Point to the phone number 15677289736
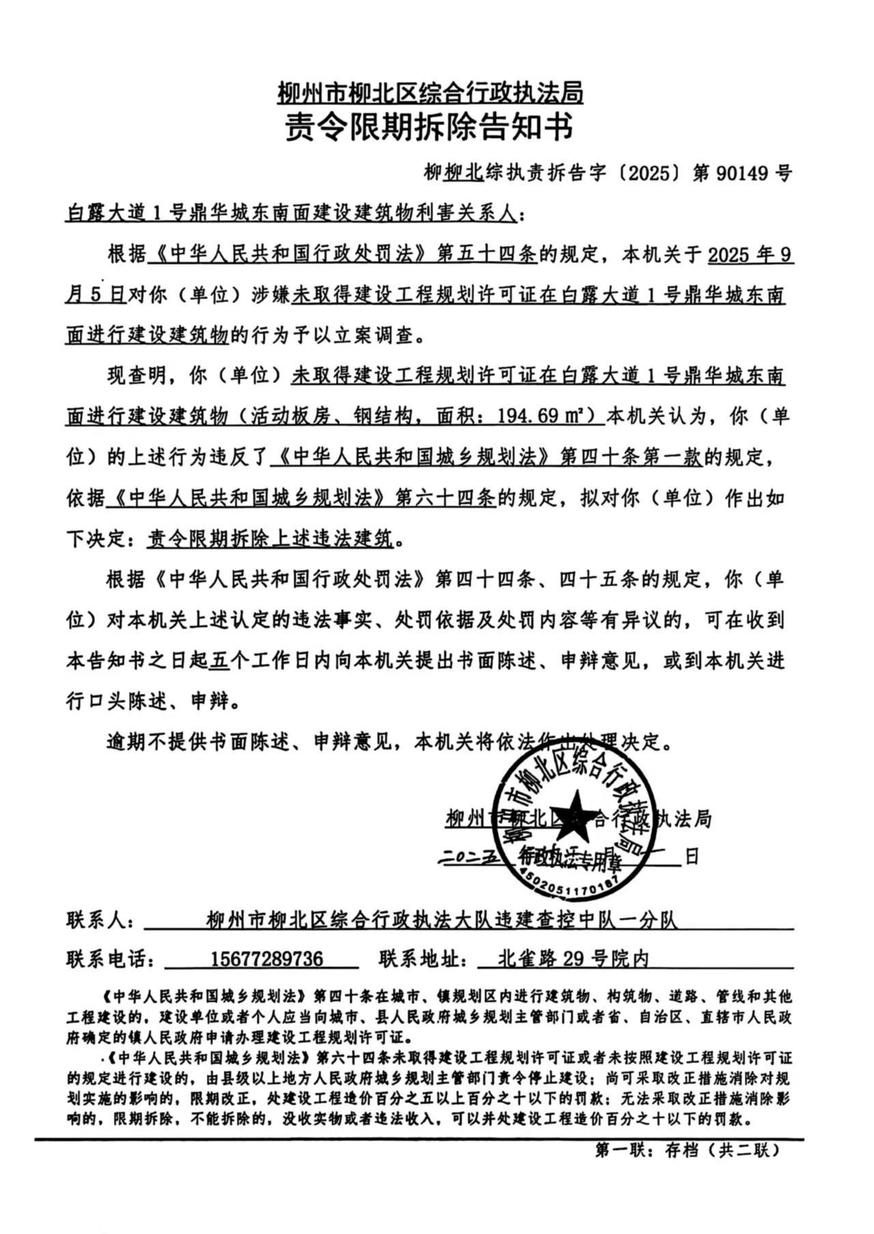tap(266, 959)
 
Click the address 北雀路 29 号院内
tap(574, 959)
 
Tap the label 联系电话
tap(109, 959)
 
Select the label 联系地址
tap(423, 959)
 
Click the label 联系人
tap(100, 920)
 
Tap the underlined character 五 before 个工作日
tap(218, 661)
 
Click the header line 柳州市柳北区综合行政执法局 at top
tap(430, 92)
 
